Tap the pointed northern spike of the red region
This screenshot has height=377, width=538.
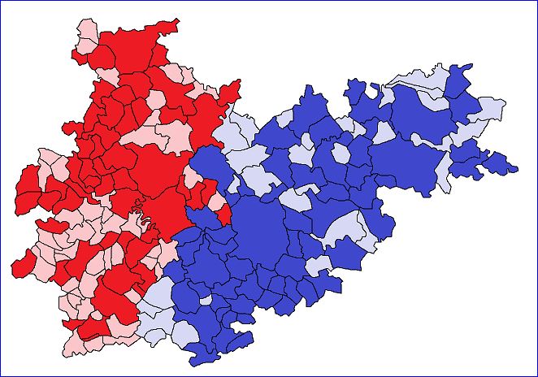click(x=174, y=24)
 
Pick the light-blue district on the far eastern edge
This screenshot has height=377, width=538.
click(x=490, y=109)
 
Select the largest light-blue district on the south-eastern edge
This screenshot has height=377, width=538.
click(x=346, y=227)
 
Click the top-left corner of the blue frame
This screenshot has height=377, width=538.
click(x=1, y=1)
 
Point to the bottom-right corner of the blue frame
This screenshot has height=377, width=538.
click(x=536, y=375)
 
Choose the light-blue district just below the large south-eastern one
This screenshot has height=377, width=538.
click(x=319, y=265)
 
